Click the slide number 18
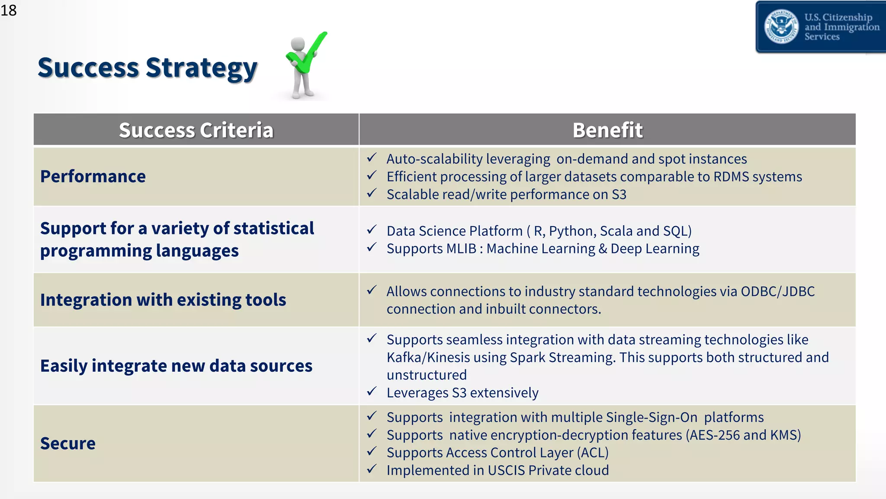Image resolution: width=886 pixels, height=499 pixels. (x=9, y=10)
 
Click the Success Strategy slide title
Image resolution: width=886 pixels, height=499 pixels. (x=147, y=68)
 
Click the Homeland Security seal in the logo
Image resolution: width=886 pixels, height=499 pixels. (x=781, y=27)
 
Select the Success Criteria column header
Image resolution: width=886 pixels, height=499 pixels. (x=196, y=130)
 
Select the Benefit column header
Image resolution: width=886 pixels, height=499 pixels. (x=607, y=130)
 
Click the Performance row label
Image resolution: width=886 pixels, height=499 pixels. (x=93, y=177)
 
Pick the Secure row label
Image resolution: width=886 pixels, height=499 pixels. (x=68, y=444)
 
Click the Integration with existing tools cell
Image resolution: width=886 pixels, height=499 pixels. (x=163, y=300)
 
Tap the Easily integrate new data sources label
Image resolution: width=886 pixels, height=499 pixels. (x=176, y=366)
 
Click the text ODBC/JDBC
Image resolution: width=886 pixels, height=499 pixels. (x=777, y=292)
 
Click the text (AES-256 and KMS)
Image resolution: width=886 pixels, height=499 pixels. (x=743, y=435)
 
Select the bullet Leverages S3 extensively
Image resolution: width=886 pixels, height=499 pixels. (x=462, y=393)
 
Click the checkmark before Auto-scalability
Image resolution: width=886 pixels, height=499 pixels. (x=372, y=158)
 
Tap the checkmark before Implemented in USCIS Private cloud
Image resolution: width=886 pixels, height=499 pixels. (x=372, y=469)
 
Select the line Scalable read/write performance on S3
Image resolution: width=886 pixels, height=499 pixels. (x=506, y=194)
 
